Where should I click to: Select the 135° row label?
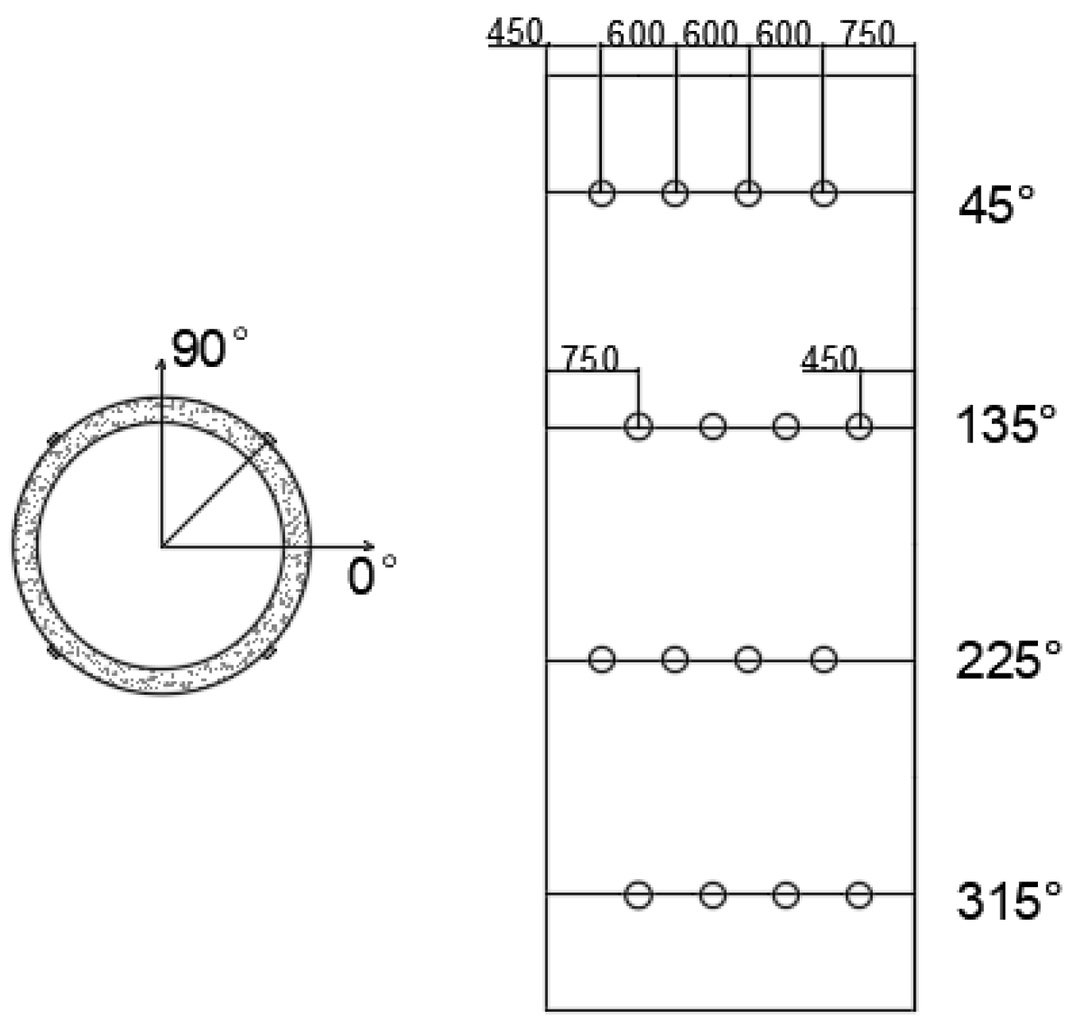pyautogui.click(x=1006, y=424)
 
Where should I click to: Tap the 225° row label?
pyautogui.click(x=1008, y=660)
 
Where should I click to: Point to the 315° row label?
pyautogui.click(x=1008, y=901)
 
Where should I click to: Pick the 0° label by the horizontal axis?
pyautogui.click(x=371, y=573)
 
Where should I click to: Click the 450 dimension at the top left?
pyautogui.click(x=515, y=33)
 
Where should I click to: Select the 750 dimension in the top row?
pyautogui.click(x=867, y=34)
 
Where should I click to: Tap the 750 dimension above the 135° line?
pyautogui.click(x=589, y=359)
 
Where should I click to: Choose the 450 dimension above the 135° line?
pyautogui.click(x=829, y=359)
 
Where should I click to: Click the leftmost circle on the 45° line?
pyautogui.click(x=601, y=193)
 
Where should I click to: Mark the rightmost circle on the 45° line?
pyautogui.click(x=823, y=193)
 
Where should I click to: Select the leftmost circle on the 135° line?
pyautogui.click(x=638, y=426)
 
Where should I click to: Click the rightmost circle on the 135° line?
pyautogui.click(x=858, y=426)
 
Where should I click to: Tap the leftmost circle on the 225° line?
pyautogui.click(x=601, y=659)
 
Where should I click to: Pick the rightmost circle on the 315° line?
pyautogui.click(x=858, y=895)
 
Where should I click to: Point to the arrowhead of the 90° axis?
pyautogui.click(x=161, y=364)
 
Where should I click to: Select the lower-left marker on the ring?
pyautogui.click(x=54, y=651)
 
